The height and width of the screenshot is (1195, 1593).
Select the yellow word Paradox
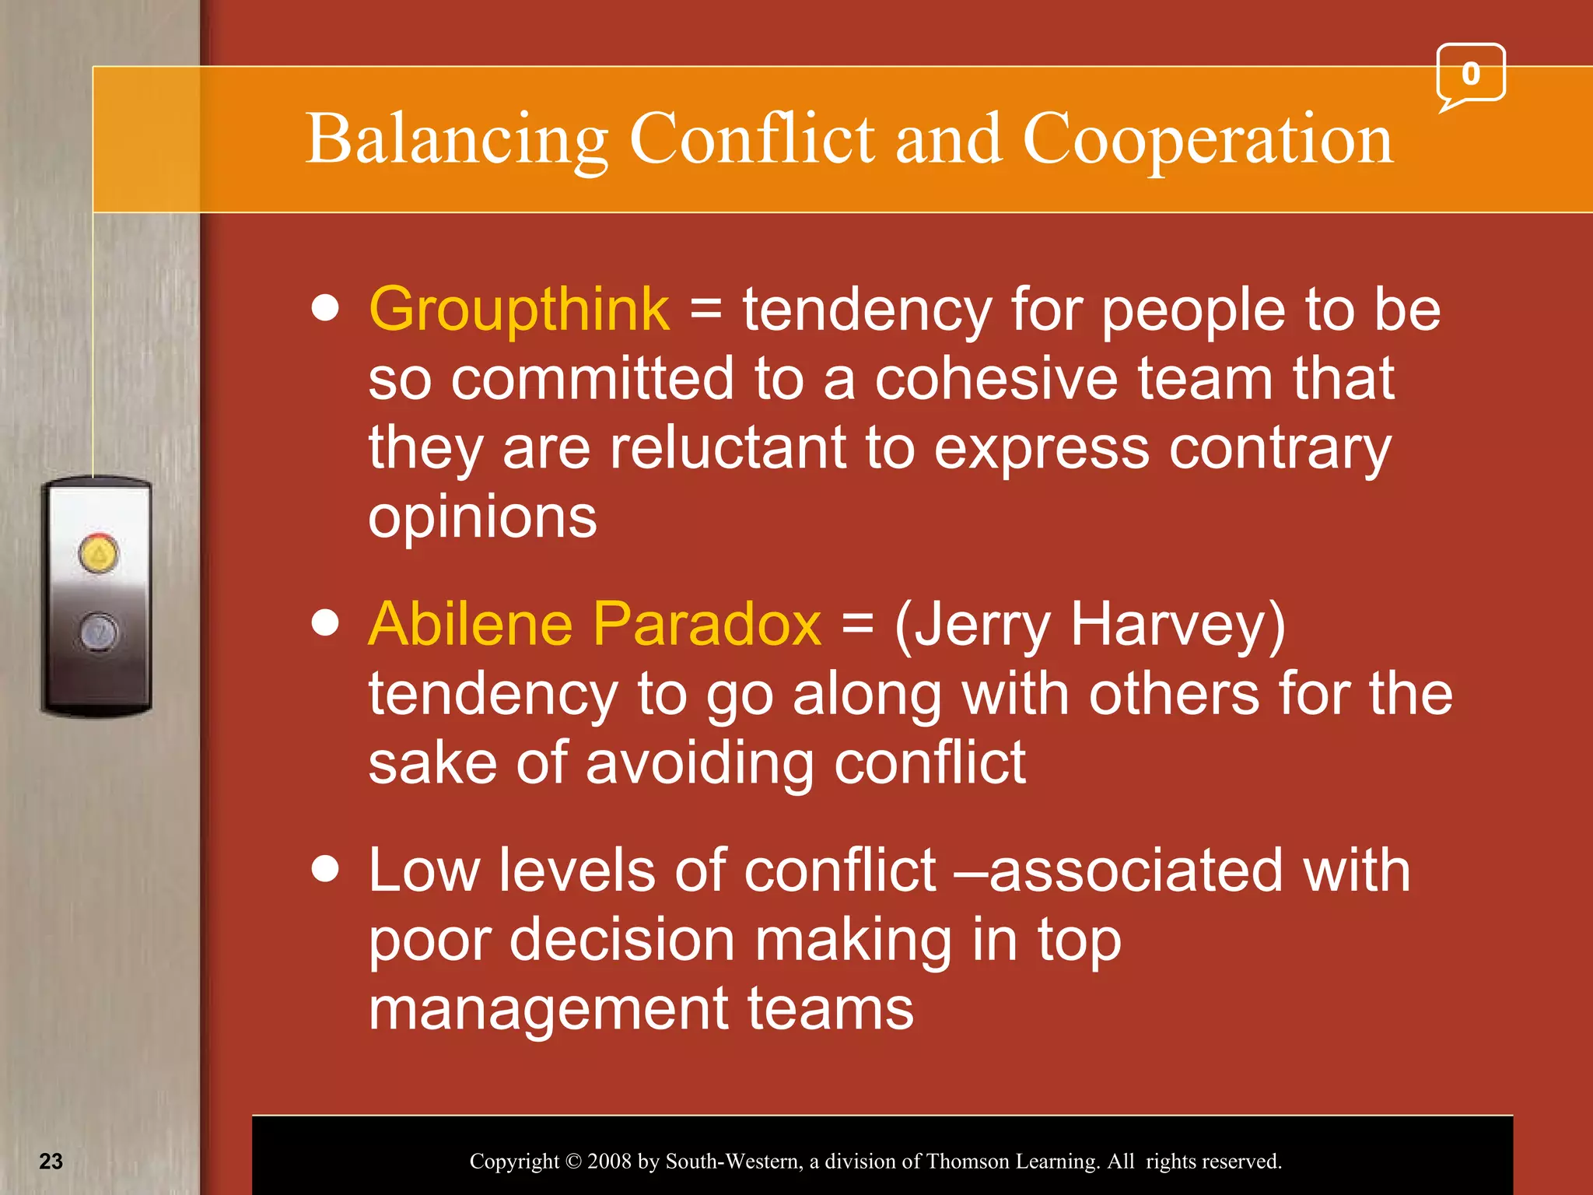708,625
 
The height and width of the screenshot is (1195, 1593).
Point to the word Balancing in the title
457,140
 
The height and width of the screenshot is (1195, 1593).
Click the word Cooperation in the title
1207,140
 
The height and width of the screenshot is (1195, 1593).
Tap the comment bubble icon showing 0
1470,75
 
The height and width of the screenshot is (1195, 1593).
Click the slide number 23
51,1162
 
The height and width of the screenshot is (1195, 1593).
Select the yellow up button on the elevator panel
99,554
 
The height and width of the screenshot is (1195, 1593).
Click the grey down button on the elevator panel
99,631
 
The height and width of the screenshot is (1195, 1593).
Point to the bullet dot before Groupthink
325,308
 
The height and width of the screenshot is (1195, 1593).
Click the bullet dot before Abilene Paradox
325,623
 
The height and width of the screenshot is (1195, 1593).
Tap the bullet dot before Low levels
325,869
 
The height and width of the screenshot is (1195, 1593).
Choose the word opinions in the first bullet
482,519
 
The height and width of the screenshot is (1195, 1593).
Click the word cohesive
996,380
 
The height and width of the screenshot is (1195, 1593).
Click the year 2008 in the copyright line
609,1162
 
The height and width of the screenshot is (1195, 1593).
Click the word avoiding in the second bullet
700,763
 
